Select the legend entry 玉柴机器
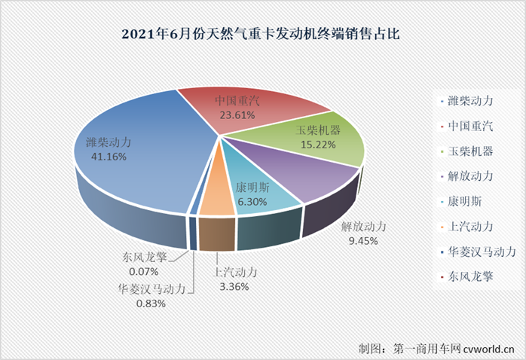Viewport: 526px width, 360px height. click(x=469, y=151)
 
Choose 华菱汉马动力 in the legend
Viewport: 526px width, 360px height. click(x=481, y=251)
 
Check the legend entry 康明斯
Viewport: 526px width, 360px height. click(x=464, y=200)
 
